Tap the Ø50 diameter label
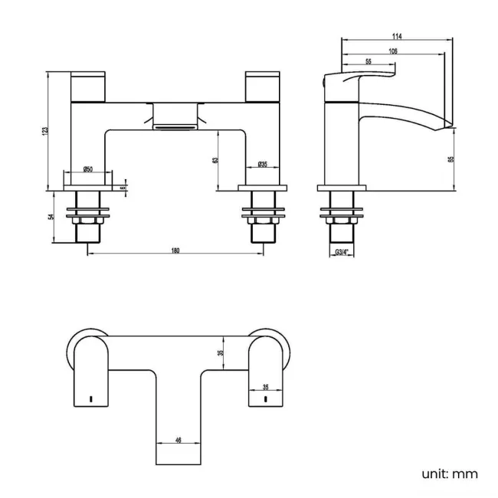(88, 169)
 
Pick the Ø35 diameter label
(261, 164)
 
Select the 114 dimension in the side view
(397, 36)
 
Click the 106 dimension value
(392, 50)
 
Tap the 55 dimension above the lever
(369, 62)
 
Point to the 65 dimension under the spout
(450, 159)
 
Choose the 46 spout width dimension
(179, 441)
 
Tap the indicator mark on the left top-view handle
(91, 399)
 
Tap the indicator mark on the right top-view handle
(266, 399)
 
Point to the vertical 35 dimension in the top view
(220, 352)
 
